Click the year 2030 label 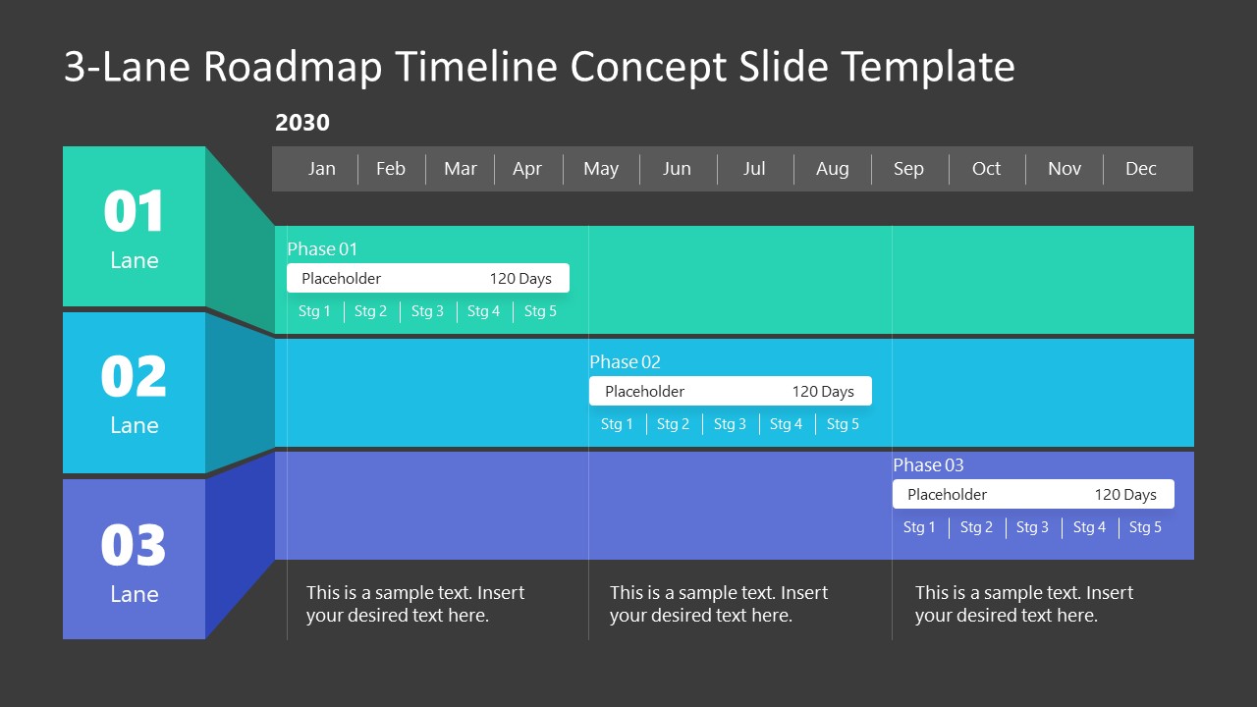click(302, 123)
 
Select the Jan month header click(322, 169)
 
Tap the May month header click(601, 169)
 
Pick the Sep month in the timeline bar click(908, 169)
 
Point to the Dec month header click(1141, 169)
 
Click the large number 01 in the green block click(134, 212)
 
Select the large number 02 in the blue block click(134, 377)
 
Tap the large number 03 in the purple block click(134, 546)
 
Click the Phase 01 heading click(322, 249)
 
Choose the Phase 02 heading click(625, 362)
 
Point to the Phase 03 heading click(928, 465)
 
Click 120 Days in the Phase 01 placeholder click(520, 279)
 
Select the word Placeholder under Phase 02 click(644, 392)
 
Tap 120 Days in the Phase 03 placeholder click(1125, 495)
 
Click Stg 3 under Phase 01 click(427, 311)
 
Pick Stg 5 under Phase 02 click(843, 424)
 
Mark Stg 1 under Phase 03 click(919, 527)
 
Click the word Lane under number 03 click(134, 594)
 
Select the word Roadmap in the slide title click(293, 67)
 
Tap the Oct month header click(986, 169)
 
